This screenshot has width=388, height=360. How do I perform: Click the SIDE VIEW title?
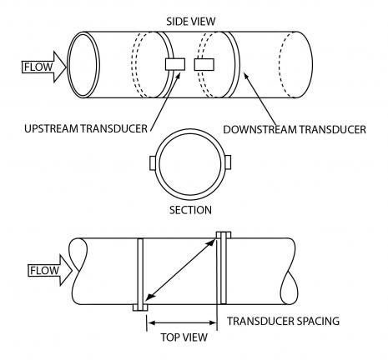pos(191,22)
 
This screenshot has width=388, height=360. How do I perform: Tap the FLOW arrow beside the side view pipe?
pos(44,67)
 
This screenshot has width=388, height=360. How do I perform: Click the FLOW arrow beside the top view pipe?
pos(50,270)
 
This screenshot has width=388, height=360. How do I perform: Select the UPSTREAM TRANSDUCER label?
pos(86,128)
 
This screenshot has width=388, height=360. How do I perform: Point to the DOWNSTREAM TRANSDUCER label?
pos(295,129)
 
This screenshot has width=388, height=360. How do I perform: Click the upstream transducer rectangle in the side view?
pos(175,64)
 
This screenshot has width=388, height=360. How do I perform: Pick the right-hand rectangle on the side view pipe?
pos(204,64)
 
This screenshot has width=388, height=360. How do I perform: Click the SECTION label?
pos(190,210)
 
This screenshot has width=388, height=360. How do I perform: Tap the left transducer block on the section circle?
pos(153,162)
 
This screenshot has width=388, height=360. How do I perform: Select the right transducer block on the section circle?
pos(228,162)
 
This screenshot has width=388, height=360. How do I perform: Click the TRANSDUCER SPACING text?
pos(284,321)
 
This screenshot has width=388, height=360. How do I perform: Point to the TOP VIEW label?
pos(184,337)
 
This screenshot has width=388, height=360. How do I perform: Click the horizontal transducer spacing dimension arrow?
pos(182,322)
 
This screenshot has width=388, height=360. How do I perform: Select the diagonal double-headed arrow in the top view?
pos(181,270)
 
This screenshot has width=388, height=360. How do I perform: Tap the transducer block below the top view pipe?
pos(140,307)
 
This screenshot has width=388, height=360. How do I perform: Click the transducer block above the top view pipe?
pos(224,235)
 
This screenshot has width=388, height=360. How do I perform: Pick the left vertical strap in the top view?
pos(140,272)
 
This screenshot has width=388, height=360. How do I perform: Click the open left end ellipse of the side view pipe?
pos(83,64)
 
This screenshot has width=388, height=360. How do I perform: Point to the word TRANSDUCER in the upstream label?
pos(114,128)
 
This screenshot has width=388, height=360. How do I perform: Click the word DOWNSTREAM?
pos(260,129)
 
